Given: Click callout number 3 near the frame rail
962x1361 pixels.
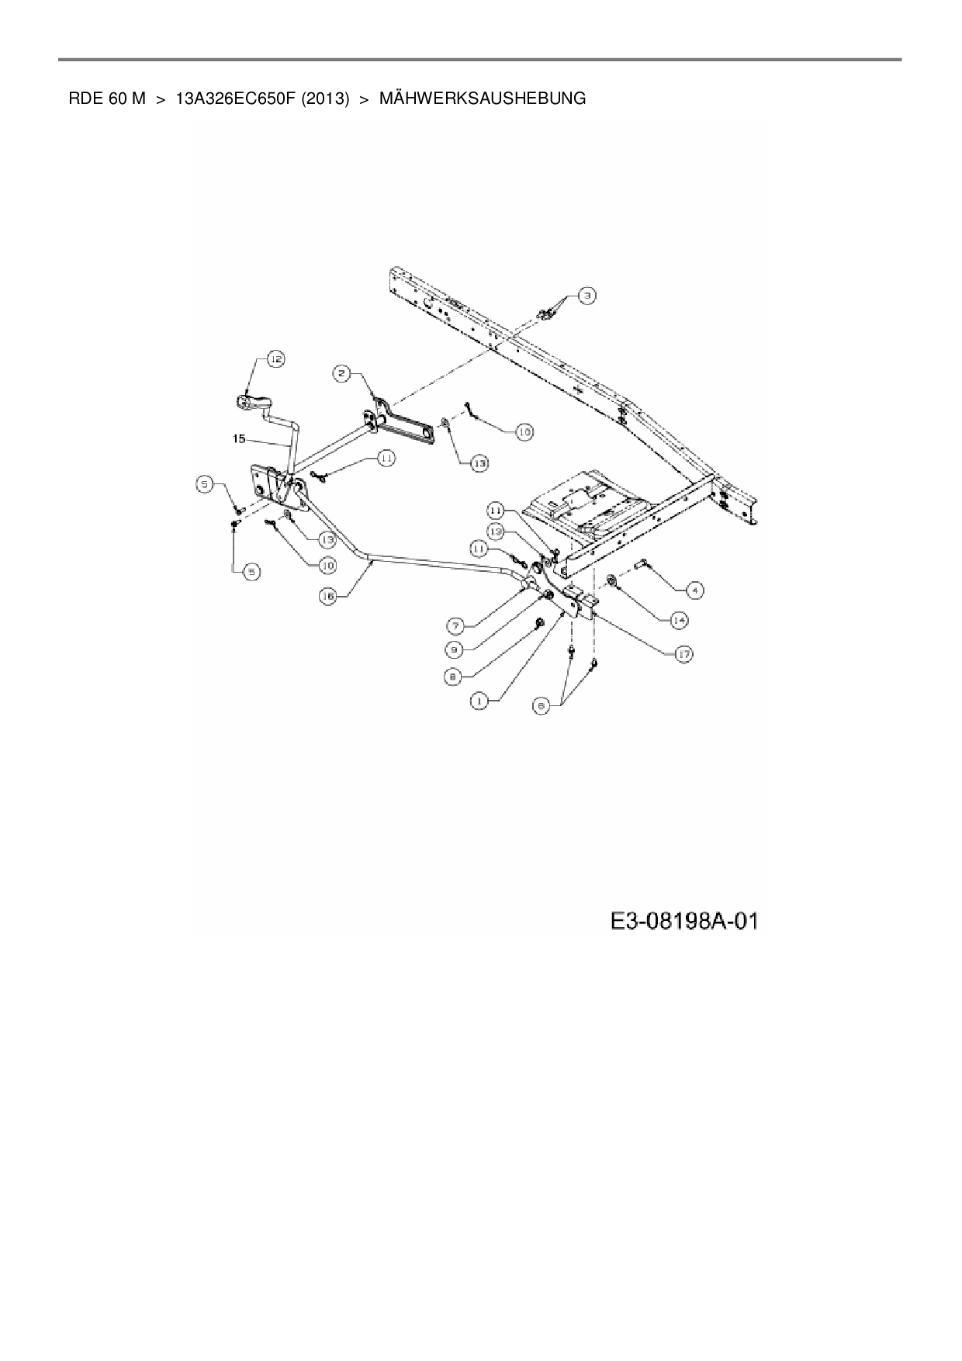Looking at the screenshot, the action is [x=587, y=295].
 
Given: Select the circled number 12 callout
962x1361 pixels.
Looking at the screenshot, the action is [x=276, y=358].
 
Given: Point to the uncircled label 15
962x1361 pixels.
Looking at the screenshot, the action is [x=239, y=439].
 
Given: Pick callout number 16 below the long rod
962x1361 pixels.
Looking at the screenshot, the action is [x=329, y=596].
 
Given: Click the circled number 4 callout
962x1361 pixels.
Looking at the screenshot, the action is [x=694, y=591].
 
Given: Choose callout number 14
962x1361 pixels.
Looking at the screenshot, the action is [x=680, y=620].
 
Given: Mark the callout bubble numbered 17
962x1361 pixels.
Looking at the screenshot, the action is [x=683, y=654].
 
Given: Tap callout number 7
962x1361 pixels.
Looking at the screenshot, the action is [x=456, y=625].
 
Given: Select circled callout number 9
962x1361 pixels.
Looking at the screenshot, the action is [x=456, y=649].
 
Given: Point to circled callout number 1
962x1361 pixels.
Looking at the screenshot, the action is [x=479, y=701].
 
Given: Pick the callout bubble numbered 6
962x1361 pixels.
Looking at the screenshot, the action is [x=542, y=705].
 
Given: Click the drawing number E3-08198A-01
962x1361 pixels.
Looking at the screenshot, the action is [x=683, y=922].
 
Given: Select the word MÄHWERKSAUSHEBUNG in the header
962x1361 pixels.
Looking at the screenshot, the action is [x=482, y=99].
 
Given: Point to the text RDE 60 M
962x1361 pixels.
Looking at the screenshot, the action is [x=107, y=99].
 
